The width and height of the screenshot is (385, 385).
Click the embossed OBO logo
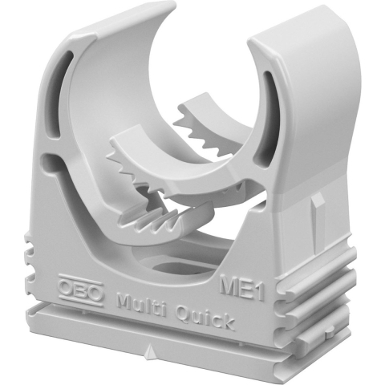[x=81, y=290]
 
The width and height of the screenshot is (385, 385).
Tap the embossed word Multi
[x=142, y=305]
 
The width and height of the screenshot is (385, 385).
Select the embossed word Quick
[x=205, y=319]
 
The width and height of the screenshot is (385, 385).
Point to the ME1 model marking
[x=242, y=288]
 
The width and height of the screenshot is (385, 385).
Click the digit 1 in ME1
[x=259, y=292]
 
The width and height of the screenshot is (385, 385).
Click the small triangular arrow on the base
[x=149, y=351]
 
